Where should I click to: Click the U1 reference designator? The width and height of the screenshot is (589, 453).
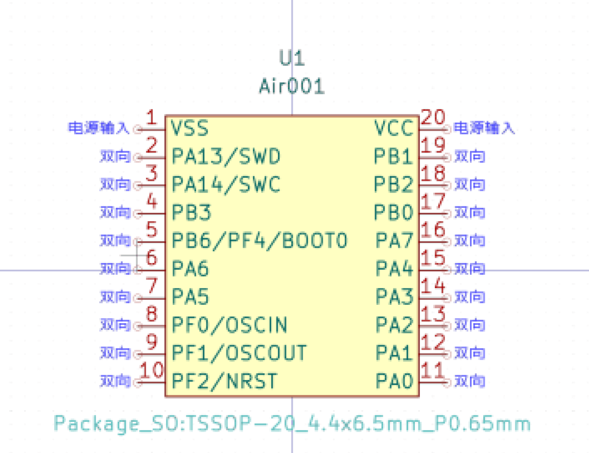(x=292, y=58)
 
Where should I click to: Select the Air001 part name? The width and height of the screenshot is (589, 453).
(x=292, y=86)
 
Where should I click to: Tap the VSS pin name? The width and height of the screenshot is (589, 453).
(x=190, y=128)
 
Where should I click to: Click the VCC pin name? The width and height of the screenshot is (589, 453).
(x=393, y=128)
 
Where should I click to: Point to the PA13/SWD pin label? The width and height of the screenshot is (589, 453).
(x=226, y=156)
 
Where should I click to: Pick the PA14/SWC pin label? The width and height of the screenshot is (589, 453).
(x=226, y=184)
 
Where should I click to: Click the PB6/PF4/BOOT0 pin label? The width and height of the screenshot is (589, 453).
(x=260, y=240)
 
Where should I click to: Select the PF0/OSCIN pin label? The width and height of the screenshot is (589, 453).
(x=229, y=324)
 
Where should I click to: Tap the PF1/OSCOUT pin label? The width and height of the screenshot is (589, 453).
(x=239, y=352)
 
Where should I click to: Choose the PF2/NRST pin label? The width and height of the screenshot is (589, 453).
(x=224, y=380)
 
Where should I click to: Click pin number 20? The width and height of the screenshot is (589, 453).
(x=434, y=118)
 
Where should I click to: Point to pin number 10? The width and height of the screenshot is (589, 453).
(x=151, y=371)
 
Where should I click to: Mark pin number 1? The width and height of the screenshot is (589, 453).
(x=152, y=118)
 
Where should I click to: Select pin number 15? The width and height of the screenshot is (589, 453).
(x=433, y=258)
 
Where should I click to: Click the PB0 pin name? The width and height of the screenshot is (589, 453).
(x=393, y=212)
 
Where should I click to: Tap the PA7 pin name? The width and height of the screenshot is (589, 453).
(x=394, y=240)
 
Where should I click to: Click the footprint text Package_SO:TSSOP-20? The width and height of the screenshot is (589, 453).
(x=292, y=423)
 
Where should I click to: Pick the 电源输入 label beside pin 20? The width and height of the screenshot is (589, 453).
(x=485, y=128)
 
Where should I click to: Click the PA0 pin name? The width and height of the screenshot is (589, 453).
(x=394, y=380)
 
